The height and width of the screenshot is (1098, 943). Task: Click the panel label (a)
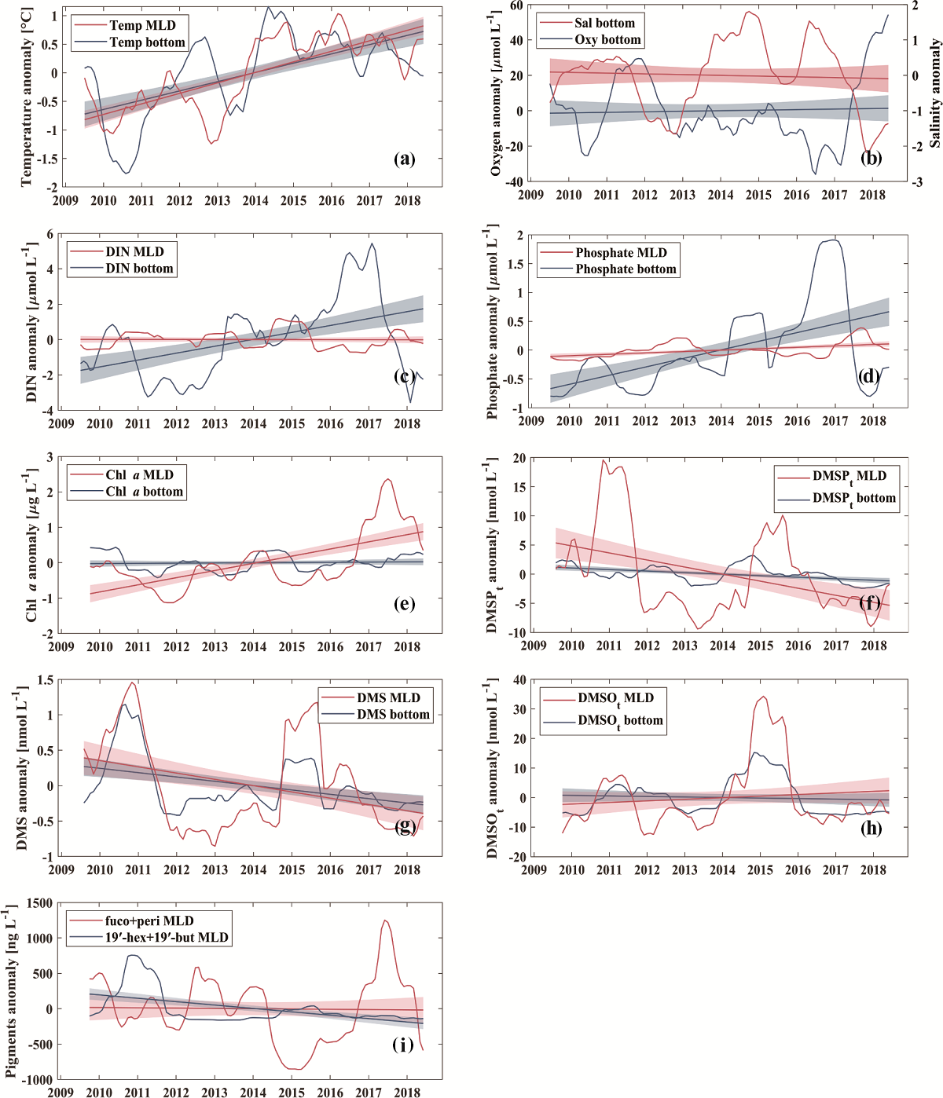[404, 159]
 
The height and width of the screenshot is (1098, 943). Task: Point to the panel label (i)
[403, 1045]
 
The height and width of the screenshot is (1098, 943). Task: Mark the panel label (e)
[404, 603]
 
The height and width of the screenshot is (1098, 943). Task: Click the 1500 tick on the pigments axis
[40, 903]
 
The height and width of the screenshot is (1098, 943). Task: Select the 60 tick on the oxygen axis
[516, 5]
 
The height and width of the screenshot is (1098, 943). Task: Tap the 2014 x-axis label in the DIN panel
[253, 424]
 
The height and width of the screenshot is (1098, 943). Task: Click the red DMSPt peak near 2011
[604, 460]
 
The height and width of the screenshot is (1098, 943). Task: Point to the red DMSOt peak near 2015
[762, 697]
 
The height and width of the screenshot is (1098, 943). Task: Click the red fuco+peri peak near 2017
[385, 920]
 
